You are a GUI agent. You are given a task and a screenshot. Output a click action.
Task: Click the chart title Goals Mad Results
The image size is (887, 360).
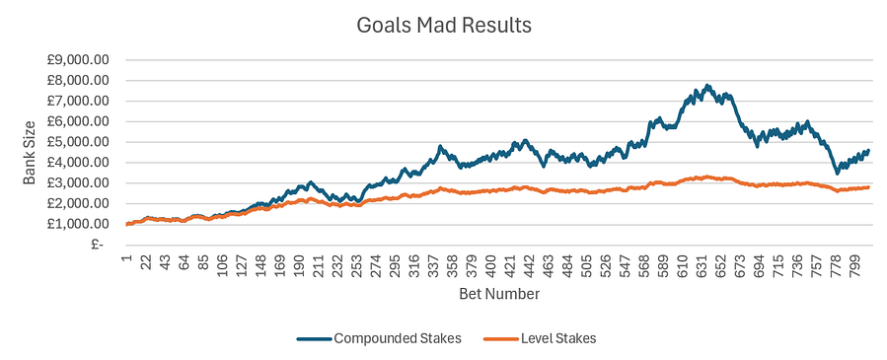pos(443,24)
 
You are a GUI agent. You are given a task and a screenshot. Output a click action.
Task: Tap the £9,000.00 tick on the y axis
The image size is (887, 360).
pos(81,59)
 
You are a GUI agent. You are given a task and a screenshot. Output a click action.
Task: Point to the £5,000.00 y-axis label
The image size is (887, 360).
pos(81,142)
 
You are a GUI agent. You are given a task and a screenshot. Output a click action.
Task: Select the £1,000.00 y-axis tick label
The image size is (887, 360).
pos(81,225)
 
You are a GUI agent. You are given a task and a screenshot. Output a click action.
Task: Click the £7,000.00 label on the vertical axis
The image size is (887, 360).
pos(81,101)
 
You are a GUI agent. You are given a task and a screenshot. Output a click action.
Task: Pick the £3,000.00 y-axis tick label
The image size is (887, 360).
pos(81,183)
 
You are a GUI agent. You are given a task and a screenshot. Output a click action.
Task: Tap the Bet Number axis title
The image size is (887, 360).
pos(499,294)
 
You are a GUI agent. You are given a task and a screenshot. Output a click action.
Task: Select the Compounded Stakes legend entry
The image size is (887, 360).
pos(380,338)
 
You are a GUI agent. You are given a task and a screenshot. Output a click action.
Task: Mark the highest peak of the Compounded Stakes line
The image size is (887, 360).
pos(707,86)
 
